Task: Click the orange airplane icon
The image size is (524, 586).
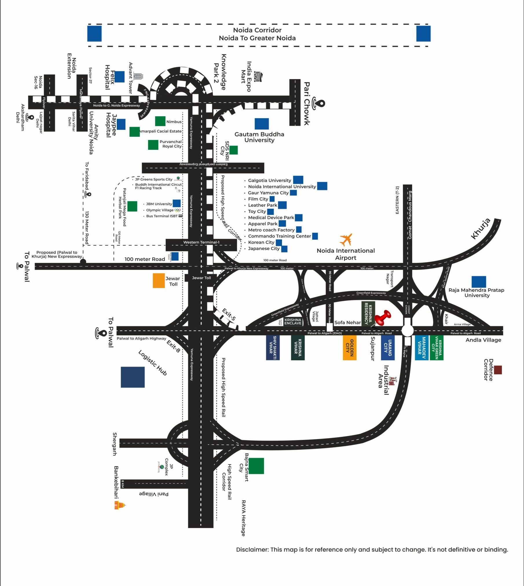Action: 346,239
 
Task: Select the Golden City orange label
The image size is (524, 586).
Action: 349,348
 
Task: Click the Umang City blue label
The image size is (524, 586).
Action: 388,348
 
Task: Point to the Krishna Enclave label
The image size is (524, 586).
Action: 293,321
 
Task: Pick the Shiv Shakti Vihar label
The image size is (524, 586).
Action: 273,348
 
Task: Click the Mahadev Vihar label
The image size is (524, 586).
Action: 422,348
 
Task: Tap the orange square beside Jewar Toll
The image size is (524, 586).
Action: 159,281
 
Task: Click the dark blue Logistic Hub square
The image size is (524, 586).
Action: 133,377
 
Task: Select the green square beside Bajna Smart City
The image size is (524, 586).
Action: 256,466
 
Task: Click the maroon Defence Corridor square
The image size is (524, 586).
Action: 498,370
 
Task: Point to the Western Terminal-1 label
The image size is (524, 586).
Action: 201,242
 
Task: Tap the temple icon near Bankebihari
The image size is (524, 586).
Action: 120,505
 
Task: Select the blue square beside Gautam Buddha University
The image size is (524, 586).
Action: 262,124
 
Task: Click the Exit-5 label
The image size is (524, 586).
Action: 229,314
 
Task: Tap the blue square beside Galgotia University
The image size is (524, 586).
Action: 298,180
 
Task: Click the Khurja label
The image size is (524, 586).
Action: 481,229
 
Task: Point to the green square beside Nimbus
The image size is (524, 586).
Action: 160,121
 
